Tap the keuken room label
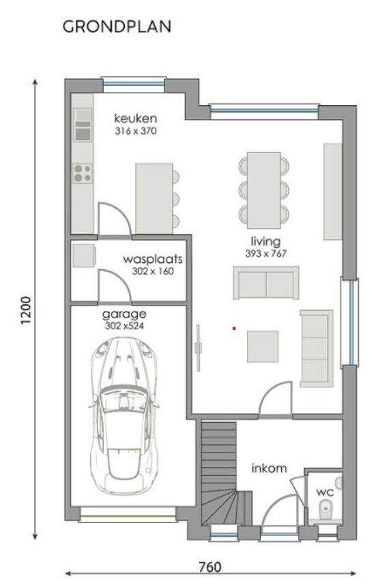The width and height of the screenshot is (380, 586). click(x=136, y=118)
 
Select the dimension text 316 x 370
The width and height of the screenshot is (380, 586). click(x=136, y=130)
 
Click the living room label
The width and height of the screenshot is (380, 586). click(x=265, y=242)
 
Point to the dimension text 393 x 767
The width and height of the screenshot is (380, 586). click(x=265, y=253)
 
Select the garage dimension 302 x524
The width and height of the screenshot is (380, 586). click(x=125, y=326)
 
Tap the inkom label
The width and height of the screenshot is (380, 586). click(x=269, y=469)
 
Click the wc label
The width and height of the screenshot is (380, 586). click(x=323, y=492)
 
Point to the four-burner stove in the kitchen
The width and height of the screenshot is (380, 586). click(x=83, y=173)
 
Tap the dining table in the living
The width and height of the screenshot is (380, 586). click(x=264, y=189)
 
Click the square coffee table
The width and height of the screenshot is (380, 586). click(x=263, y=346)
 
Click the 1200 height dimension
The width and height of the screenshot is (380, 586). click(x=26, y=311)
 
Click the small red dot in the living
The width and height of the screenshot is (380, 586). click(x=234, y=329)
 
